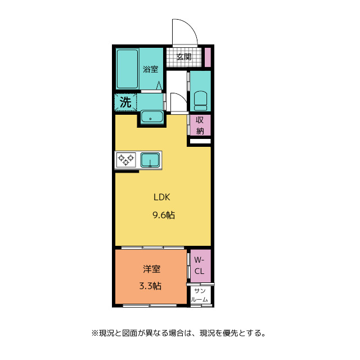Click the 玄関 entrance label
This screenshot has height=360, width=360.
tap(184, 56)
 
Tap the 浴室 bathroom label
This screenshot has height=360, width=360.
tap(150, 69)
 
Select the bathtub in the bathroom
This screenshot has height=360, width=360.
tap(128, 69)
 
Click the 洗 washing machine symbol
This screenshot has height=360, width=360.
tap(126, 102)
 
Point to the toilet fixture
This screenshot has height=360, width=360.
tap(200, 100)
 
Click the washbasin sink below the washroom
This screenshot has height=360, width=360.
tap(151, 117)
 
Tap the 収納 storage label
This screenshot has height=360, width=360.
tap(200, 124)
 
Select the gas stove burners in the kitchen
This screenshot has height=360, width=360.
tap(125, 160)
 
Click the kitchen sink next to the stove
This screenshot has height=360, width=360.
tap(150, 160)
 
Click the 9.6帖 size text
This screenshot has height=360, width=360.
tap(163, 215)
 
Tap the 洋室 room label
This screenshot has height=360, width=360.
tap(150, 269)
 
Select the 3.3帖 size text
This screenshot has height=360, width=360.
tap(150, 286)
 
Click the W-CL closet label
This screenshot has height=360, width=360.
tap(200, 265)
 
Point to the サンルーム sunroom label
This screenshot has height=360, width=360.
tap(200, 295)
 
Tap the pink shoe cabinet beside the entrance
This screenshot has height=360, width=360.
tap(207, 57)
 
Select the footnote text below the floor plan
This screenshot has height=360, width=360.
tap(178, 333)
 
